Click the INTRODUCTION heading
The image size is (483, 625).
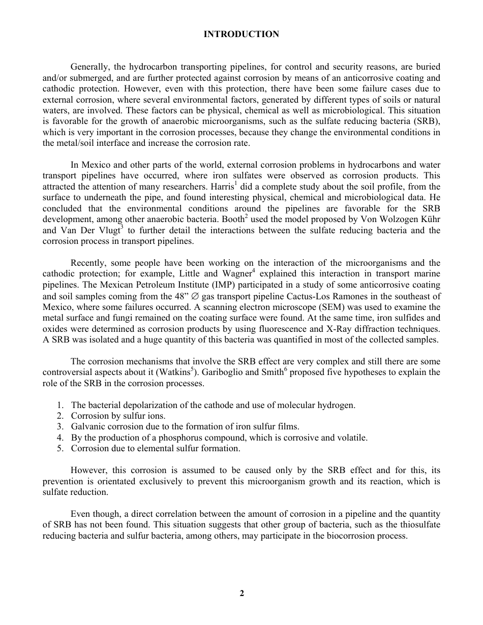point(241,35)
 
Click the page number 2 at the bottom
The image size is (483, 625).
point(242,593)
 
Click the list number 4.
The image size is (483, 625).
point(59,438)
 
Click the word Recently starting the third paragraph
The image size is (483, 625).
point(87,263)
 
